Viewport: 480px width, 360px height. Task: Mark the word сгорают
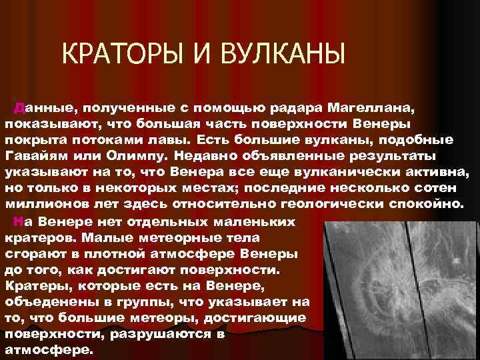click(x=31, y=253)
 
